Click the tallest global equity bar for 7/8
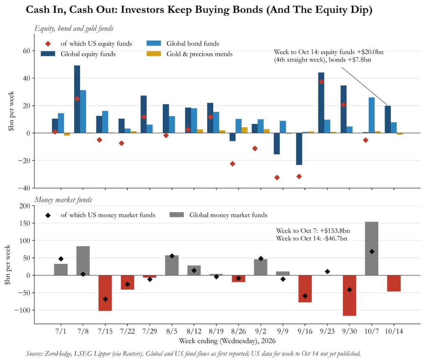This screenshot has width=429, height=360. pyautogui.click(x=77, y=99)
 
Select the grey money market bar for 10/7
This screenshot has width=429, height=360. pyautogui.click(x=372, y=249)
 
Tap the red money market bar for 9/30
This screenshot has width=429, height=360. pyautogui.click(x=349, y=296)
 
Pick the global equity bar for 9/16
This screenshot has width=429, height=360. pyautogui.click(x=299, y=149)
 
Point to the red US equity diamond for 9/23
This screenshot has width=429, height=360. pyautogui.click(x=321, y=82)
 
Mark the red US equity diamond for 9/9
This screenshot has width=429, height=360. pyautogui.click(x=277, y=177)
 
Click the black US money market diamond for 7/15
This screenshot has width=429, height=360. pyautogui.click(x=105, y=299)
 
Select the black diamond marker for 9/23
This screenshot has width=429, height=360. pyautogui.click(x=327, y=271)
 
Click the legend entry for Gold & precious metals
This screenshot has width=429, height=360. pyautogui.click(x=189, y=54)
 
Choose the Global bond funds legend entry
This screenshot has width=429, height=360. pyautogui.click(x=183, y=44)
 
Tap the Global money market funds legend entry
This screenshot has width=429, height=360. pyautogui.click(x=218, y=215)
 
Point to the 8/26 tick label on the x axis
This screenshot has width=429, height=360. pyautogui.click(x=238, y=331)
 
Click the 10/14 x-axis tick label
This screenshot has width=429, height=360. pyautogui.click(x=394, y=331)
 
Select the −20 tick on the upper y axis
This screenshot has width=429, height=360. pyautogui.click(x=24, y=161)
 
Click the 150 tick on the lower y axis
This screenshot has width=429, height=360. pyautogui.click(x=26, y=224)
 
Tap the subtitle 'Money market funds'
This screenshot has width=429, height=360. pyautogui.click(x=63, y=200)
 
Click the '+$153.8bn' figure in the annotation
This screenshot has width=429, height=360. pyautogui.click(x=335, y=231)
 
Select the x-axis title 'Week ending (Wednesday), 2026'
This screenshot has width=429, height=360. pyautogui.click(x=227, y=341)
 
